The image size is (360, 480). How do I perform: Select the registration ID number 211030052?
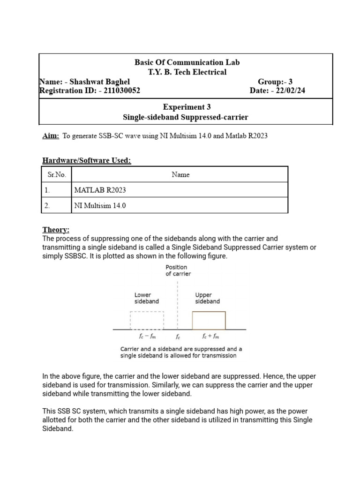coord(118,90)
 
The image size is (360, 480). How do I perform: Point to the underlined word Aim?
coord(51,136)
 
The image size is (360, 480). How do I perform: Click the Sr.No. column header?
coord(57,175)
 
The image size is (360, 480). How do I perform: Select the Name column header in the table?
coord(180,175)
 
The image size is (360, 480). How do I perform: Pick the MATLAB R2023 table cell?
coord(100,190)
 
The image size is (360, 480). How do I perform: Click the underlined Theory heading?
coord(56,230)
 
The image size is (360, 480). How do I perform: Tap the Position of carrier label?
coord(178,270)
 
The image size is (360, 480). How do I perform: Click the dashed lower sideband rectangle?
coord(147,321)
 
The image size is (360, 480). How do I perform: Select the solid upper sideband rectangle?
coord(209,321)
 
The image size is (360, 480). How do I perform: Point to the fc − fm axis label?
coord(147,337)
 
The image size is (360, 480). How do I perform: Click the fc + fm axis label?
coord(210,337)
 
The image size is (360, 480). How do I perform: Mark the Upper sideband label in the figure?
coord(207,299)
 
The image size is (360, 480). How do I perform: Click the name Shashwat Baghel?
coord(99,81)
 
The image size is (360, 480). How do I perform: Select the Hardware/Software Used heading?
coord(87,161)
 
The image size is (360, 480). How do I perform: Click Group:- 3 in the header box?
coord(275,81)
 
